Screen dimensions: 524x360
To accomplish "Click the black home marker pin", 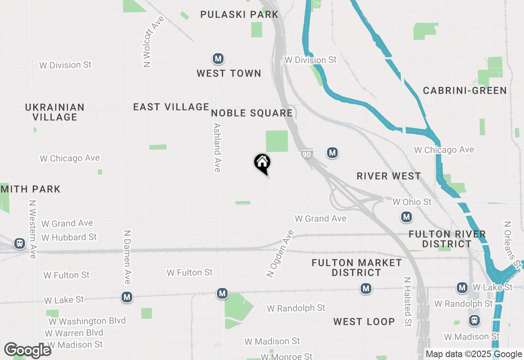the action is pos(262,163).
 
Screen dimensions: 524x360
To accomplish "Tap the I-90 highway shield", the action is pos(307,154).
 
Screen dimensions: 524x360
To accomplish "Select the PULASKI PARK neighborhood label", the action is pos(239,14).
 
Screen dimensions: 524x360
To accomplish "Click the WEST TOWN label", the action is pos(229,73).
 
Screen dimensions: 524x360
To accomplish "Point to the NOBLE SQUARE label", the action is pos(252,113).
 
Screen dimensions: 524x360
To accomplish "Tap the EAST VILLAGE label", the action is pos(171,107).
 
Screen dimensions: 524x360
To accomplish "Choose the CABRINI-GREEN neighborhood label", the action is pos(465,90).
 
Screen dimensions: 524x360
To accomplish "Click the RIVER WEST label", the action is pos(389,176).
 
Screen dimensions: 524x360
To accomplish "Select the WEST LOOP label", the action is pos(364,322).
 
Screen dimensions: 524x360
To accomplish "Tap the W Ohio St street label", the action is pos(412,202).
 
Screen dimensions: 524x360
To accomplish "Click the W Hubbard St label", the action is pos(69,237).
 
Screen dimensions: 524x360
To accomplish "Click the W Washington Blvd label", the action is pos(87,321).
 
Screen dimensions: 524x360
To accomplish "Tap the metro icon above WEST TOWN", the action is pos(218,59).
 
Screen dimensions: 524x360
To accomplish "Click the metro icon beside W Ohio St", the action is pos(406,217).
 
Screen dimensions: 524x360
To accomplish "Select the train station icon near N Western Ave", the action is pos(19,243).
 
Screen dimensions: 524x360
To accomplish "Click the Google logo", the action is pos(28,351).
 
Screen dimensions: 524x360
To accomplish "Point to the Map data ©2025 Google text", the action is pos(474,354).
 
